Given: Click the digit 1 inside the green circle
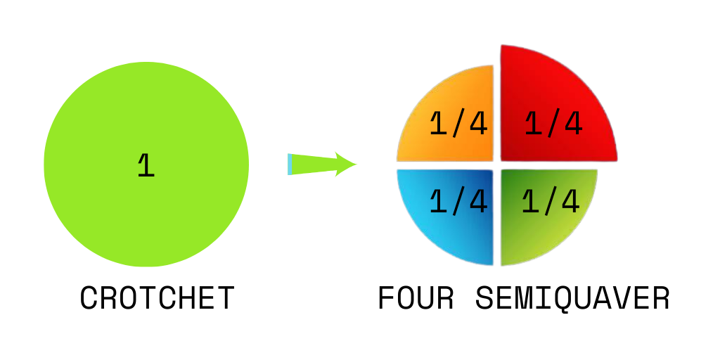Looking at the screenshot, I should point(146,165).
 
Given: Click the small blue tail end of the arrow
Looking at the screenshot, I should point(290,164).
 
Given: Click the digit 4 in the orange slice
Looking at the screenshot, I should point(478,124).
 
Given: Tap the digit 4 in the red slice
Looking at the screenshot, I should point(573,124).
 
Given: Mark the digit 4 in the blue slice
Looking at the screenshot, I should point(478,202).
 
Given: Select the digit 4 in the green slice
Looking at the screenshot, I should point(570,202).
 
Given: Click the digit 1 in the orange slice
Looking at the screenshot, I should point(438,124).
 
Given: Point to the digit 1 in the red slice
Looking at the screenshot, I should point(534,124).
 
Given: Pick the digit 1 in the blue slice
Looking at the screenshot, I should point(438,202).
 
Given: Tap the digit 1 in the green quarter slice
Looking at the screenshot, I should point(530,202).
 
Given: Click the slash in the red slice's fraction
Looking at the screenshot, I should point(553,124).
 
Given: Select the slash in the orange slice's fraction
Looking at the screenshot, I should point(458,124).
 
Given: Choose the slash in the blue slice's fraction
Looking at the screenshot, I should point(458,202).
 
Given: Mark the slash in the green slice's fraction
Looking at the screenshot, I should point(551,202).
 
